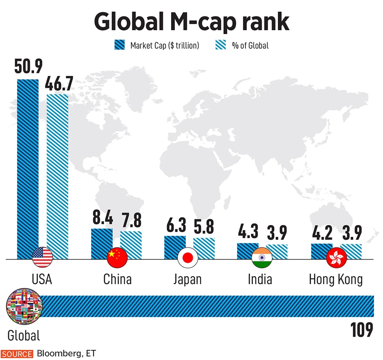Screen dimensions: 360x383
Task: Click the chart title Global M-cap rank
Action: coord(191,21)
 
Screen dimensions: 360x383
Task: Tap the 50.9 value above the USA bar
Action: coord(28,68)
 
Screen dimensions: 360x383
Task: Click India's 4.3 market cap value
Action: coord(248,233)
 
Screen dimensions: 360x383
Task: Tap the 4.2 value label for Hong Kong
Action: coord(321,233)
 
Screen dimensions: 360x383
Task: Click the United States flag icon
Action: coord(43,257)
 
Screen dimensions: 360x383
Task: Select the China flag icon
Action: coord(117,257)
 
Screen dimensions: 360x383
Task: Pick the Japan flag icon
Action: coord(188,257)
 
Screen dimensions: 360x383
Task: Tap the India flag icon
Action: coord(262,257)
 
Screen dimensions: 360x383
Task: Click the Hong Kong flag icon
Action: coord(336,257)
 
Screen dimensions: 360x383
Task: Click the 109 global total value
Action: coord(361,329)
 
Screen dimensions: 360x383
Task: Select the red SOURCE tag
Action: coord(17,354)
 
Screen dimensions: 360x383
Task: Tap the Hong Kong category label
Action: coord(336,279)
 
